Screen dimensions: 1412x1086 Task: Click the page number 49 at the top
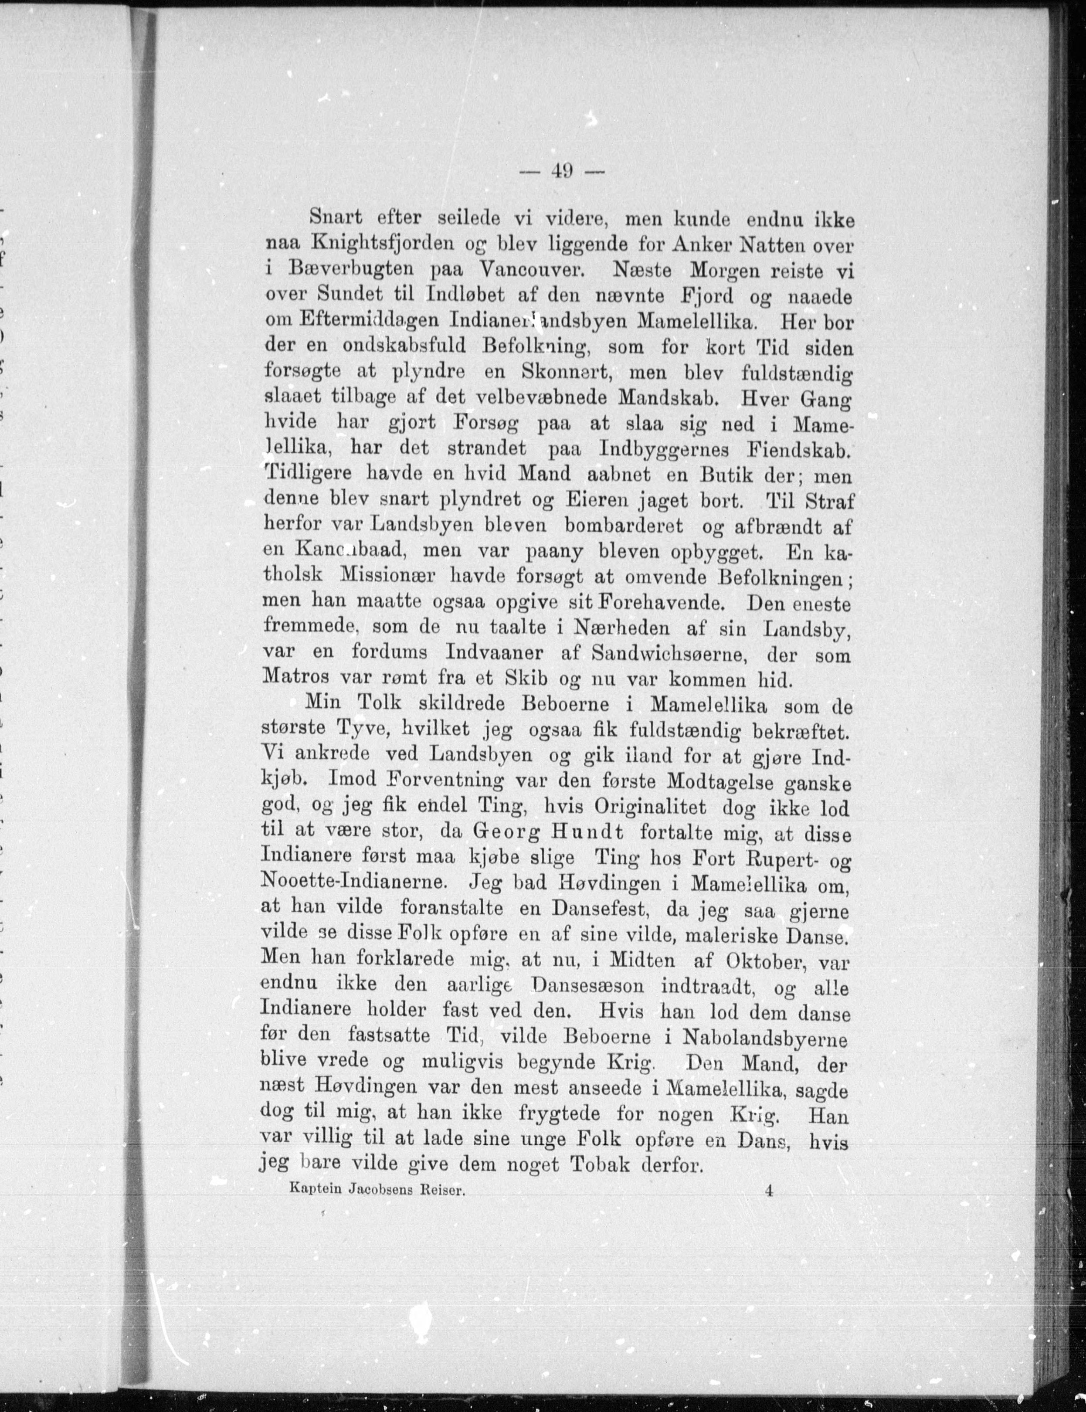(560, 171)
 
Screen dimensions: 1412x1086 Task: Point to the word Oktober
(765, 961)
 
